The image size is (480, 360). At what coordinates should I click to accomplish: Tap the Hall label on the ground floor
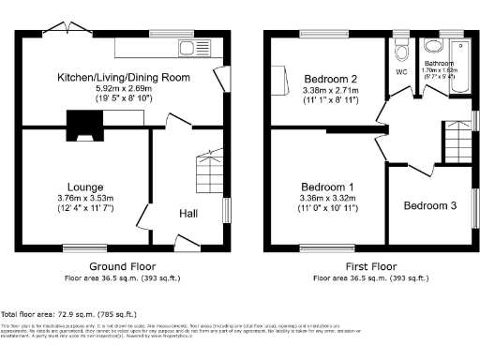(187, 214)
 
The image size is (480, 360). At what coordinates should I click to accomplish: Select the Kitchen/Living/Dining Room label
(124, 77)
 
